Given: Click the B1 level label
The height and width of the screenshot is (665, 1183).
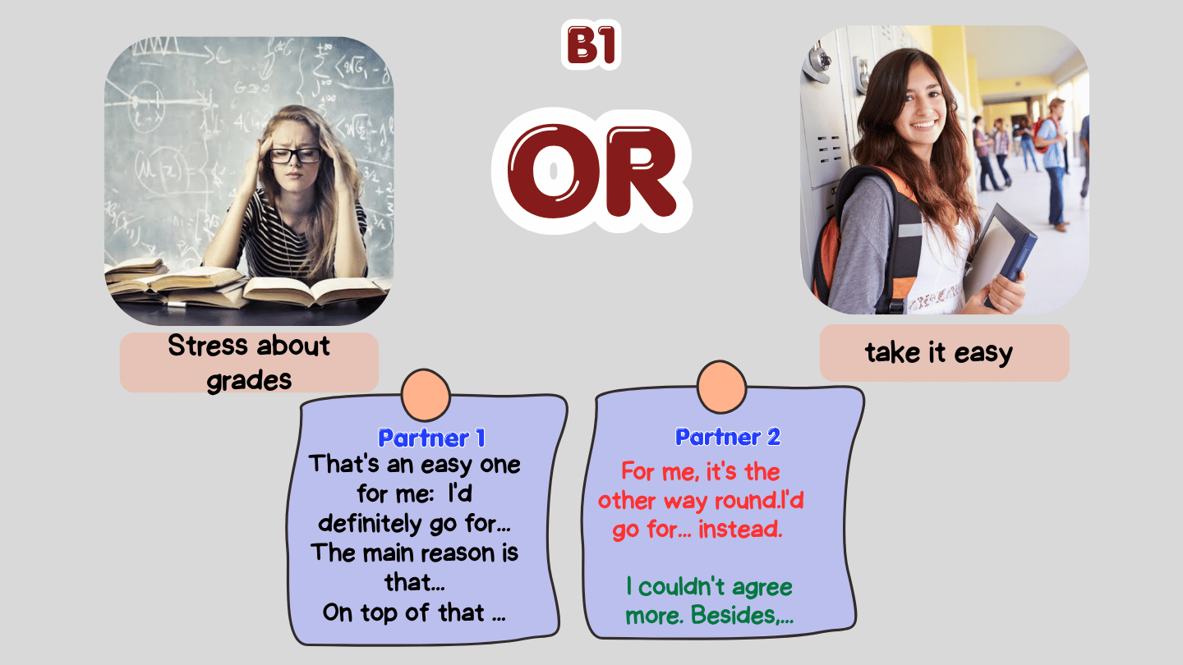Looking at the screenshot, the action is [x=591, y=45].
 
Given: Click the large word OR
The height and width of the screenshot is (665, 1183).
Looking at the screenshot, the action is [x=592, y=171].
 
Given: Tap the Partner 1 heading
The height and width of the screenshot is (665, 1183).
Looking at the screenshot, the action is [x=431, y=438].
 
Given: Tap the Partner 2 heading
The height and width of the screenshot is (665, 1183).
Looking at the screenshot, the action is [x=728, y=437].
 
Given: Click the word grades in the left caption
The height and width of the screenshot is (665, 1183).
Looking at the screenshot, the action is [x=249, y=381].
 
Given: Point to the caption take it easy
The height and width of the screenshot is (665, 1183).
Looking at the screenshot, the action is [x=939, y=352].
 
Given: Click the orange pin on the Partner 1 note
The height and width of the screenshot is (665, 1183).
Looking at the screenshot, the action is [x=426, y=396].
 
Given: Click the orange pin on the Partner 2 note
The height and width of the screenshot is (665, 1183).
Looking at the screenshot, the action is [x=721, y=388].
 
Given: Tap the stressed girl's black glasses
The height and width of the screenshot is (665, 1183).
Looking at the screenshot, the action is [x=294, y=156].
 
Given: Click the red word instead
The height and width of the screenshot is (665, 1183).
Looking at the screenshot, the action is [x=740, y=530].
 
